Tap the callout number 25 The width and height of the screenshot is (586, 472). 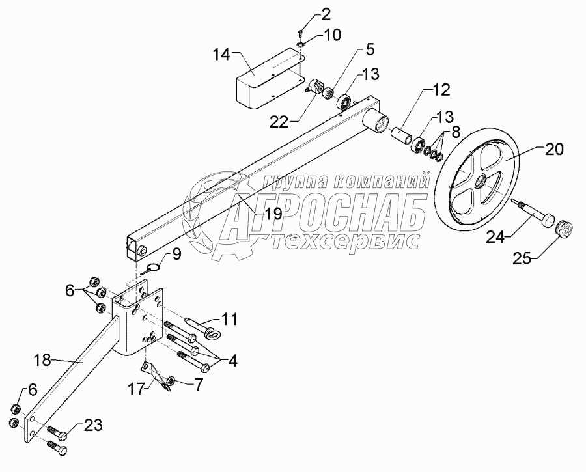pyautogui.click(x=525, y=259)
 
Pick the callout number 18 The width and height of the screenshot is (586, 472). pyautogui.click(x=43, y=359)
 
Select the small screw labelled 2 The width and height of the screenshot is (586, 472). pyautogui.click(x=300, y=33)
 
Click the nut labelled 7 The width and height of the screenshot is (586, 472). pyautogui.click(x=170, y=381)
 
